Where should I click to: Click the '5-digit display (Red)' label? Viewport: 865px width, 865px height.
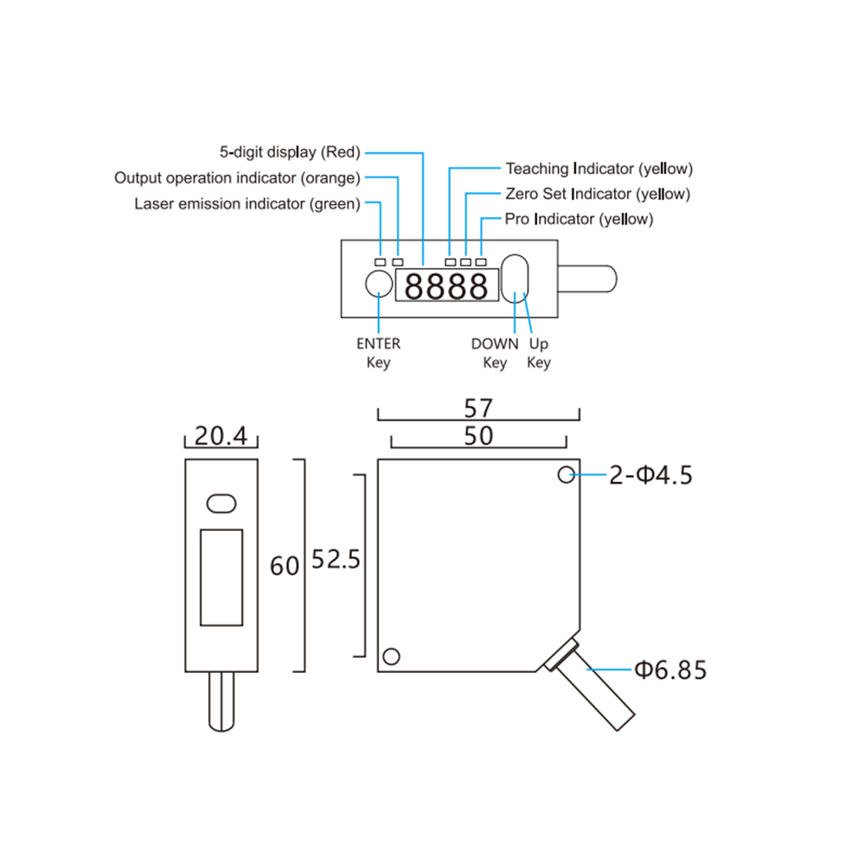[290, 151]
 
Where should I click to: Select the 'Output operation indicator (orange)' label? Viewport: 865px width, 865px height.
[237, 177]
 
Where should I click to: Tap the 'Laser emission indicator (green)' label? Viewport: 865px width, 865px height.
[247, 203]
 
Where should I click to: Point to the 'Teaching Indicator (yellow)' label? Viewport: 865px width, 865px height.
[599, 169]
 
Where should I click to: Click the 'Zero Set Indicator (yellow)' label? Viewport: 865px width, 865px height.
[598, 194]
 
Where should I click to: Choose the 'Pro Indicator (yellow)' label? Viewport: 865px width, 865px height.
[579, 219]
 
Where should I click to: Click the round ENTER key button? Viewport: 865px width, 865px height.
[379, 284]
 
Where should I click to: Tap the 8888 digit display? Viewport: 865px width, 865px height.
[447, 285]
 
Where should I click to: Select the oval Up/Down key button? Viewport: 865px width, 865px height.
[515, 279]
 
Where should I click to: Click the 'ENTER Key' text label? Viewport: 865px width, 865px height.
[379, 353]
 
